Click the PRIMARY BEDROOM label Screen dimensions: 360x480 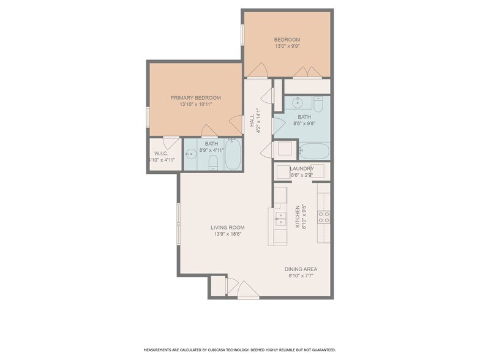tap(195, 97)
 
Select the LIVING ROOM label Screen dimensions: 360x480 tap(223, 227)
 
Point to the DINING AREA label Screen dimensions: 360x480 tap(301, 269)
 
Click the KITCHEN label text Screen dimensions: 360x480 tap(298, 216)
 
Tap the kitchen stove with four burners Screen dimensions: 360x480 tap(323, 216)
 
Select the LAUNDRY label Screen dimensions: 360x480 tap(302, 168)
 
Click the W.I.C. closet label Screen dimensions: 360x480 tap(161, 153)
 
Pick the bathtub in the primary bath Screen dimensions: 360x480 tap(233, 156)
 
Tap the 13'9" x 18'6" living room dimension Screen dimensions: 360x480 tap(223, 234)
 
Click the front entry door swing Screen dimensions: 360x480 tap(247, 288)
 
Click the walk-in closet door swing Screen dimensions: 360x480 tap(172, 142)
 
